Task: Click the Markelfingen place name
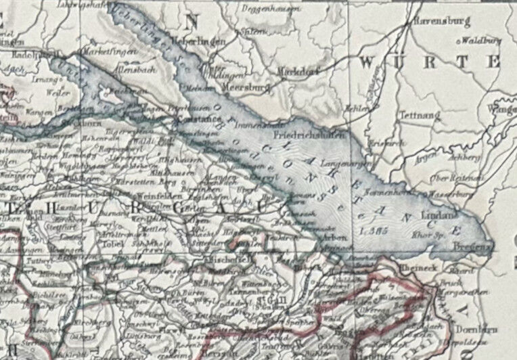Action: [x=104, y=51]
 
